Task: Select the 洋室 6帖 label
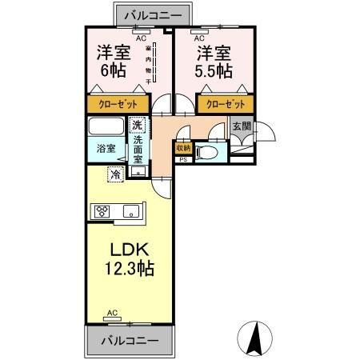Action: click(114, 62)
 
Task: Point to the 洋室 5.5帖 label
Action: click(214, 62)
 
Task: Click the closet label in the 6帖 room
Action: click(118, 104)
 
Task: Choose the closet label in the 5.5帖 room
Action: click(224, 104)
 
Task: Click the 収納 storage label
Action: click(183, 148)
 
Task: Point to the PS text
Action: click(183, 160)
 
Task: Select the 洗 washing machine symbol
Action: click(137, 125)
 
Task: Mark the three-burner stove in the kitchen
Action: click(102, 212)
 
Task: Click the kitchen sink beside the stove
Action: click(130, 212)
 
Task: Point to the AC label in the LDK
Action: click(112, 313)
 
